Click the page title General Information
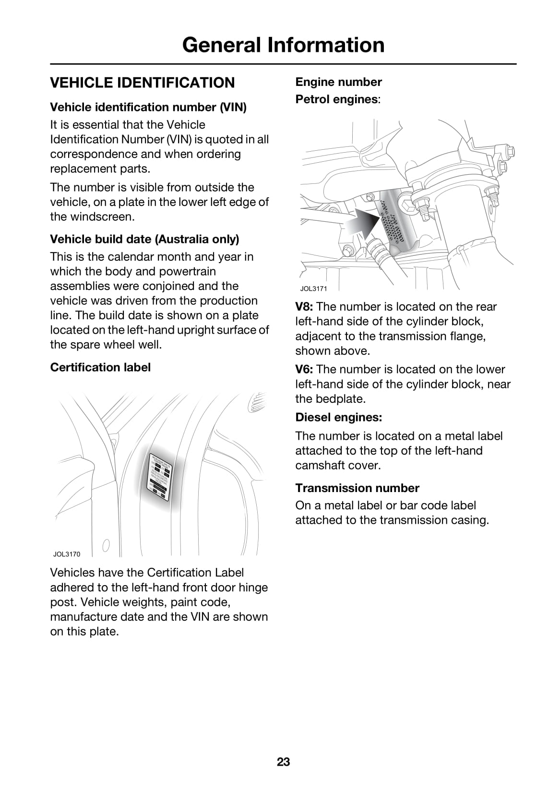coord(283,45)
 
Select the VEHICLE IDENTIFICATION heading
coord(143,83)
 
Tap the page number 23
coord(283,762)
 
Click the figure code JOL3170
coord(67,554)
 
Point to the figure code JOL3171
coord(313,289)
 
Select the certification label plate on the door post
coord(160,473)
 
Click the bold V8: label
coord(304,307)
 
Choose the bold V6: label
coord(304,370)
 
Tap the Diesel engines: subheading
coord(339,417)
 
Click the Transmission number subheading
coord(357,488)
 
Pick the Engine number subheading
coord(339,82)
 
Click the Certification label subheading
coord(100,367)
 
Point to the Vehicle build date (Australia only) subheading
coord(144,239)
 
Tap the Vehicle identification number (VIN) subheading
coord(148,107)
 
